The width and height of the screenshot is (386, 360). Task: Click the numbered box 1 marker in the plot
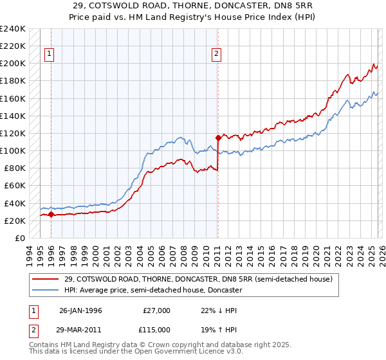coord(50,55)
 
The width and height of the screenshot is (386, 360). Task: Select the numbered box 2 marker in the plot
coord(217,55)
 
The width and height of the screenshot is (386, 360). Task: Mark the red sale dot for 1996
coord(51,215)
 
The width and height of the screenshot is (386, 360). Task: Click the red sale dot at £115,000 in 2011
coord(218,137)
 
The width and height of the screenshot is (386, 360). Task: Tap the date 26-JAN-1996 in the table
coord(80,310)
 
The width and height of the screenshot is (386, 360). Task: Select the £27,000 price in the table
coord(156,310)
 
